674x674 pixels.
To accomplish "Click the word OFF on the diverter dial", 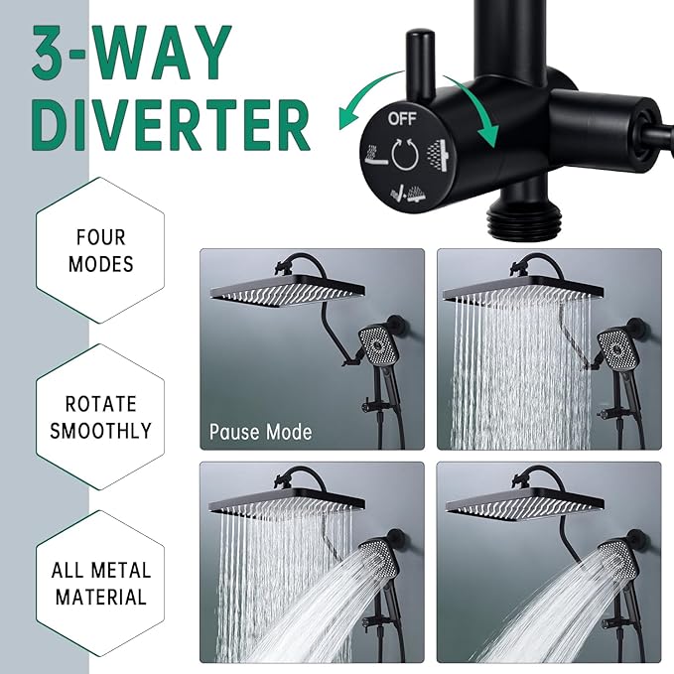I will [x=404, y=118].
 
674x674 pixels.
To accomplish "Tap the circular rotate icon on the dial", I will [x=404, y=154].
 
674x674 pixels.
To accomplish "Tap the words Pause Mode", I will [x=260, y=432].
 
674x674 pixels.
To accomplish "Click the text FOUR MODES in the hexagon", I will [x=101, y=251].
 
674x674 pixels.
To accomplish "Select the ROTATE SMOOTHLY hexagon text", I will [x=101, y=417].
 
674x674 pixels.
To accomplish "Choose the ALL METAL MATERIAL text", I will [x=101, y=584].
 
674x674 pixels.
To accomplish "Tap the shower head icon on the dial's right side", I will [x=436, y=152].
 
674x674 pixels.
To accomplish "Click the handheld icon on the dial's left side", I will [x=374, y=156].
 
